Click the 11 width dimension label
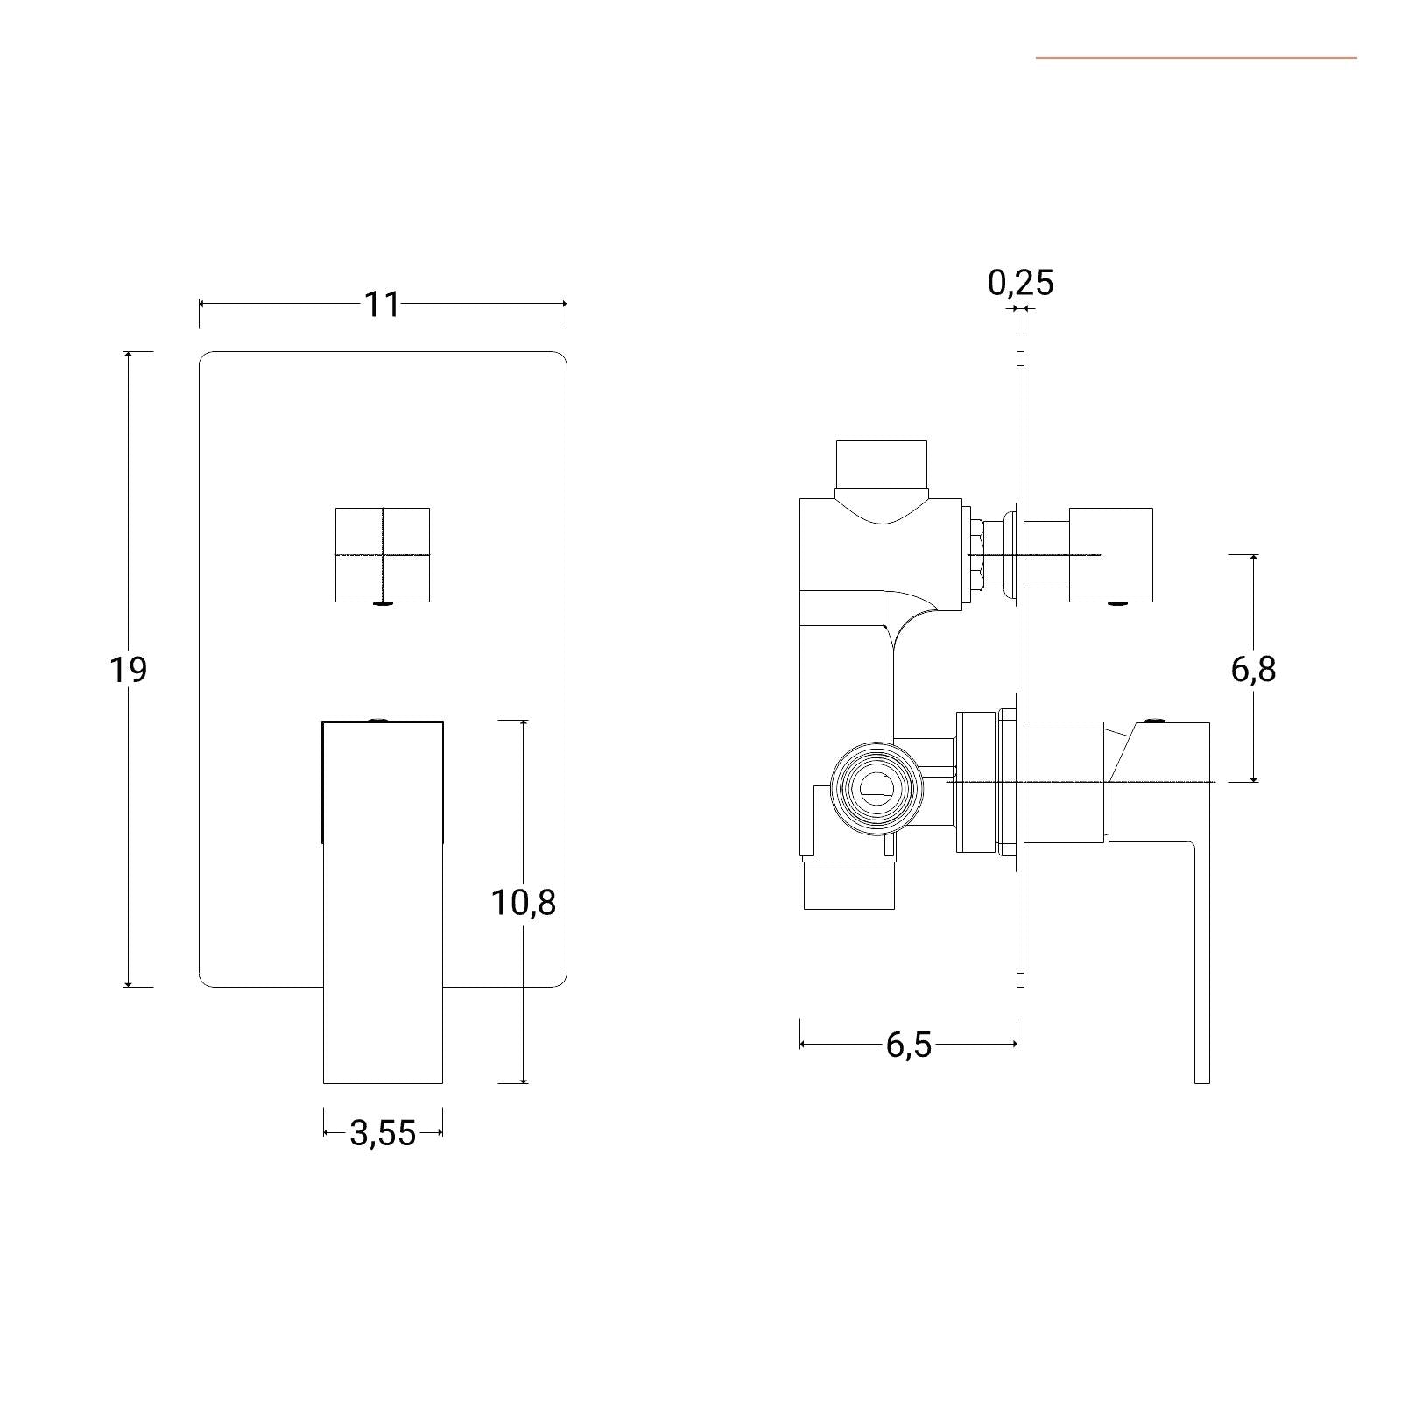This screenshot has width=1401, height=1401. click(382, 304)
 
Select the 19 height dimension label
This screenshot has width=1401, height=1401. click(128, 670)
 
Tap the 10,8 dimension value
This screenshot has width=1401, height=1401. click(524, 902)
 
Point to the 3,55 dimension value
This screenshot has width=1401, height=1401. click(383, 1133)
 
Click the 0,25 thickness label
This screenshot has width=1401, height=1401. click(1021, 282)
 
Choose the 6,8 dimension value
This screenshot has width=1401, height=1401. click(1254, 670)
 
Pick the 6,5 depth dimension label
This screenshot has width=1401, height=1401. click(909, 1045)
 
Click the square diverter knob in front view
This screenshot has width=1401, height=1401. click(383, 555)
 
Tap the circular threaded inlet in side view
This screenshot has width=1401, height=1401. click(877, 789)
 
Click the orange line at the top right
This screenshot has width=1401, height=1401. click(1196, 58)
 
